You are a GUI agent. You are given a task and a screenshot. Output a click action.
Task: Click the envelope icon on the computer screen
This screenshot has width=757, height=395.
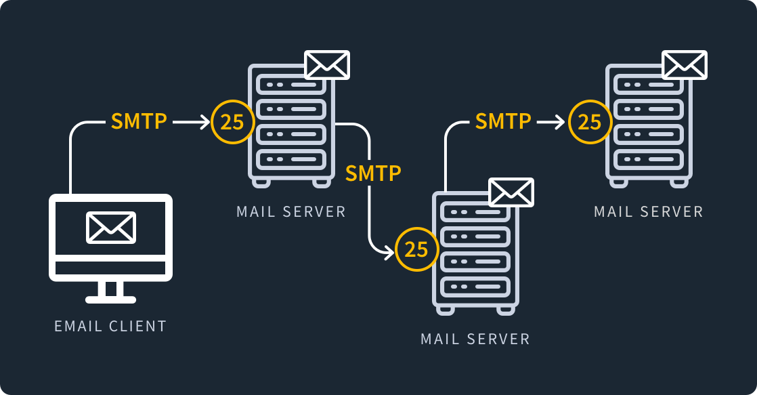pyautogui.click(x=111, y=227)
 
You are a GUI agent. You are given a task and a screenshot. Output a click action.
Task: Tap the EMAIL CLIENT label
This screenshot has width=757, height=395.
pyautogui.click(x=110, y=326)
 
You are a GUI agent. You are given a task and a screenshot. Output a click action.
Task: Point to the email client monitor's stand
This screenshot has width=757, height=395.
pyautogui.click(x=111, y=291)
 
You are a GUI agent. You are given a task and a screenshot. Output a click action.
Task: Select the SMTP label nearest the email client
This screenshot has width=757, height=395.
pyautogui.click(x=139, y=121)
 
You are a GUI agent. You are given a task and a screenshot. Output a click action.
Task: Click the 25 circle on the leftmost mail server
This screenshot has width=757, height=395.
pyautogui.click(x=233, y=122)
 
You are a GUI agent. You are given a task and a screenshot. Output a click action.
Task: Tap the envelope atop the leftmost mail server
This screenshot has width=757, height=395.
pyautogui.click(x=327, y=64)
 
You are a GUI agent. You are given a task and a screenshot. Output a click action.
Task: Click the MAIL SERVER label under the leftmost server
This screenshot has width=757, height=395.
pyautogui.click(x=291, y=211)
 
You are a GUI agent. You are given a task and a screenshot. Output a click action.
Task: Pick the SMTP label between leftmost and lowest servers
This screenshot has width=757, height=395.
pyautogui.click(x=373, y=173)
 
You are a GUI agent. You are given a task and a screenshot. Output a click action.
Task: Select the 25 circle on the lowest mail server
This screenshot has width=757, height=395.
pyautogui.click(x=416, y=249)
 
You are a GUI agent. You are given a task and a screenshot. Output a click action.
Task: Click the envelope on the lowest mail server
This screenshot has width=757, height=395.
pyautogui.click(x=511, y=192)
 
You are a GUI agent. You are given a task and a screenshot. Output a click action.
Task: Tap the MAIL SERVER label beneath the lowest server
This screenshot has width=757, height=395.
pyautogui.click(x=475, y=339)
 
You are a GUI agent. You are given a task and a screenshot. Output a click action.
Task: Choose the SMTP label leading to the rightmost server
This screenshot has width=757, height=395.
pyautogui.click(x=503, y=121)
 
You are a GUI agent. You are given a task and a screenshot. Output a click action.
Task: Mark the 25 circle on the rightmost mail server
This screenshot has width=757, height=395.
pyautogui.click(x=590, y=122)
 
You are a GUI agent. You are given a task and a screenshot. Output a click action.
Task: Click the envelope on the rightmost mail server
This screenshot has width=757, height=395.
pyautogui.click(x=685, y=64)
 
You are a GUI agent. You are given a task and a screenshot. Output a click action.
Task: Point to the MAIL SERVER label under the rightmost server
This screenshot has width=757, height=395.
pyautogui.click(x=649, y=211)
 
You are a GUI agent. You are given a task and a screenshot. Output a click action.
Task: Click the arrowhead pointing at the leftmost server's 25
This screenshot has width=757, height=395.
pyautogui.click(x=205, y=122)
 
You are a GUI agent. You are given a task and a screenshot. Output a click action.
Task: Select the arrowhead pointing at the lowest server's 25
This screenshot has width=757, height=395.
pyautogui.click(x=388, y=253)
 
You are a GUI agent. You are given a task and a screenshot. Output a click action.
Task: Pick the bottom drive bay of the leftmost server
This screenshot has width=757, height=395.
pyautogui.click(x=291, y=160)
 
